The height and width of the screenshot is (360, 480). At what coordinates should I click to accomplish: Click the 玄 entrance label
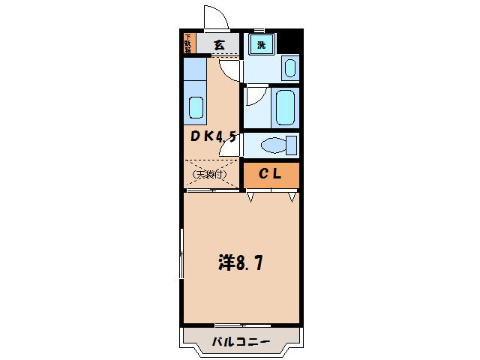(218, 44)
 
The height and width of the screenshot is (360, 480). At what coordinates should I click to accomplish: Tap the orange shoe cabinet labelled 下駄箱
(188, 43)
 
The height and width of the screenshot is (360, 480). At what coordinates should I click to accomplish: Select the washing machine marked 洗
(261, 44)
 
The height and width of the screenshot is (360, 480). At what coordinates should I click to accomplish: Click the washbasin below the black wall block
(289, 69)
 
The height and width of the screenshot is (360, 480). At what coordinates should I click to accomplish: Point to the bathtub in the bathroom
(285, 107)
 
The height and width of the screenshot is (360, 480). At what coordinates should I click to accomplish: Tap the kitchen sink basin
(196, 108)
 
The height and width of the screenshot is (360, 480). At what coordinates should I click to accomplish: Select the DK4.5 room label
(213, 136)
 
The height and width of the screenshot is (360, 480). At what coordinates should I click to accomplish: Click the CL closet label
(270, 175)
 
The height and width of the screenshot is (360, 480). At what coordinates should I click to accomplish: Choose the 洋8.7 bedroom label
(240, 262)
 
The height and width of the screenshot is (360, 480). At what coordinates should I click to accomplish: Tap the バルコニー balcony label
(240, 341)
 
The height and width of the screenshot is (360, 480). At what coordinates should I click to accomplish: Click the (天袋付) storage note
(210, 175)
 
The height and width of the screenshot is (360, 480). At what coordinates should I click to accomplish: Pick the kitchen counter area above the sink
(195, 75)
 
